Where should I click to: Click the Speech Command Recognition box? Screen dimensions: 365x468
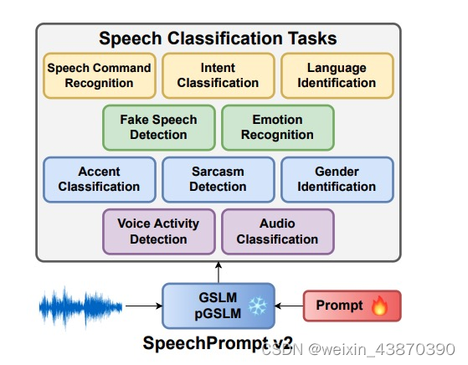click(x=99, y=75)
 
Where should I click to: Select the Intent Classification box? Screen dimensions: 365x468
click(x=218, y=75)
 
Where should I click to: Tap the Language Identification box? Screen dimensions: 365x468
click(x=336, y=75)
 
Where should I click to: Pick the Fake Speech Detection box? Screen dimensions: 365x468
click(x=158, y=127)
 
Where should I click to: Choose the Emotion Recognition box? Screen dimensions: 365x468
click(x=277, y=127)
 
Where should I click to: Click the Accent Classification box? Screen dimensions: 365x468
click(x=99, y=179)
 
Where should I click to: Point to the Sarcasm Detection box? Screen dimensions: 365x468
click(x=218, y=179)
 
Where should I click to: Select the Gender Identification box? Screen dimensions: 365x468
click(x=336, y=179)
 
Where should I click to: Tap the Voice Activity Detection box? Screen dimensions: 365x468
click(x=158, y=231)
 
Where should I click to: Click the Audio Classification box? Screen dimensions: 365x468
click(x=277, y=231)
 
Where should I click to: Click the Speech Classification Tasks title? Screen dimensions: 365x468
click(x=218, y=39)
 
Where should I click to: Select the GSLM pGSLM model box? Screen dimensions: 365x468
click(x=218, y=306)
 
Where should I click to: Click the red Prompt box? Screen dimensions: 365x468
click(x=352, y=306)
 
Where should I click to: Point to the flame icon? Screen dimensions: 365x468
click(x=380, y=306)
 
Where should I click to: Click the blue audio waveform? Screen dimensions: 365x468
click(x=80, y=306)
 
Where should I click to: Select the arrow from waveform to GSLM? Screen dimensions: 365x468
click(x=142, y=306)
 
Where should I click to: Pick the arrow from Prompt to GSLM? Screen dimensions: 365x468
click(x=289, y=306)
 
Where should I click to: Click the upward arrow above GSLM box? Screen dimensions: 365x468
click(x=219, y=272)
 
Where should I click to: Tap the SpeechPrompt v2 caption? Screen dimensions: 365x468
click(x=218, y=342)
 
